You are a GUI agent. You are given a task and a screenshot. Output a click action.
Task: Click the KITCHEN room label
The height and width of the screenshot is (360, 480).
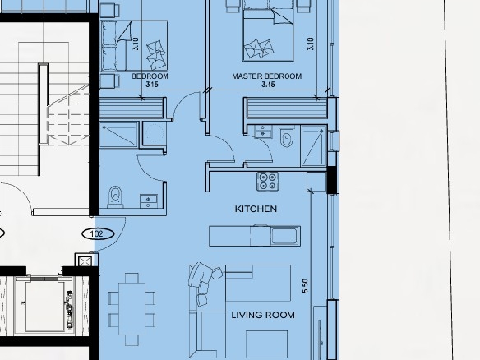coord(256,209)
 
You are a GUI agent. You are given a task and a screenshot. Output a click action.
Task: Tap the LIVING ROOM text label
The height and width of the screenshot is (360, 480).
coord(263,315)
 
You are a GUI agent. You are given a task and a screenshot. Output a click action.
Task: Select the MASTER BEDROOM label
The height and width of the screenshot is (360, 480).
coord(266,76)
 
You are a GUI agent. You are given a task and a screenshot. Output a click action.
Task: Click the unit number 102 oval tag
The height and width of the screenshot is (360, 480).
coord(98,234)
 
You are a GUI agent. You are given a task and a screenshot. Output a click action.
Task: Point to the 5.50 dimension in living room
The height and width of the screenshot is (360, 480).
coord(305,286)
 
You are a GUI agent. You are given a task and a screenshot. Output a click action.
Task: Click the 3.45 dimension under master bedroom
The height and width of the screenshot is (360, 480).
coord(268,85)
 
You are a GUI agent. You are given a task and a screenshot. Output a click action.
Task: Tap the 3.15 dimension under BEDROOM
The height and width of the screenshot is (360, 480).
coord(152,85)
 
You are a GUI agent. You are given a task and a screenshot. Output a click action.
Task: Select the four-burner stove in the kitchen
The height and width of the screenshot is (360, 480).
coord(268,182)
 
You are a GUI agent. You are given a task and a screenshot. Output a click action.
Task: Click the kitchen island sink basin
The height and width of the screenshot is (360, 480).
coord(285,236)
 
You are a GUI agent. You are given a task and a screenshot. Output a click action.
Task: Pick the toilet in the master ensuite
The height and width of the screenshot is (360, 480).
coord(287,136)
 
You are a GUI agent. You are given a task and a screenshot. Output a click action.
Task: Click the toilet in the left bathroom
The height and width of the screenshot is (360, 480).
coord(115,196)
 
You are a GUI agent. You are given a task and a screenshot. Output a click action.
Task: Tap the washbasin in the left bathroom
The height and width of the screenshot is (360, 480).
coord(149,201)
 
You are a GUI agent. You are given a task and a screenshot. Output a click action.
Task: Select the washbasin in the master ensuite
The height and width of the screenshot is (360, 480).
coord(263,132)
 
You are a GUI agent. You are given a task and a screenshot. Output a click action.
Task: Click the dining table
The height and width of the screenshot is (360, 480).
coord(132,309)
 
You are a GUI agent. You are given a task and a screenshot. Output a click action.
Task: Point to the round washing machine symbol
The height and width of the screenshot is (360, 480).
coord(155,133)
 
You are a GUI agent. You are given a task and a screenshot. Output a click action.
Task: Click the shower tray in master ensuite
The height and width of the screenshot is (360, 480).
coord(314,145)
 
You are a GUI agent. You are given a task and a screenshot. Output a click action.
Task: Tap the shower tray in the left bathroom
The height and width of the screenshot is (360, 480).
coord(119,135)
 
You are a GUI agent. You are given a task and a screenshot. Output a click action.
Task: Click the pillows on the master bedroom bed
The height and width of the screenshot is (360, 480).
coord(259,48)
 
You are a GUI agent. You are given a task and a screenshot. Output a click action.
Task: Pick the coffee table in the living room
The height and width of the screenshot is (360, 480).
coord(266,344)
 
